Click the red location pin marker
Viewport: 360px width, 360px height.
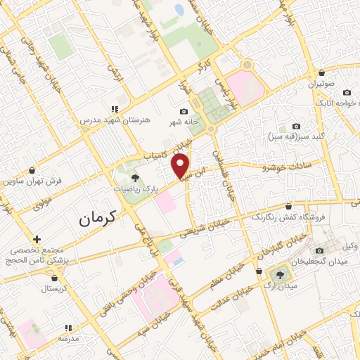point(181,166)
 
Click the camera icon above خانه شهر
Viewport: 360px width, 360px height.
point(184,111)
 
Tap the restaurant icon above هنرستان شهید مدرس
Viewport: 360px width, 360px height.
point(114,109)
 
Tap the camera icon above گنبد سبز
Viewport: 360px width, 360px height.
point(295,125)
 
